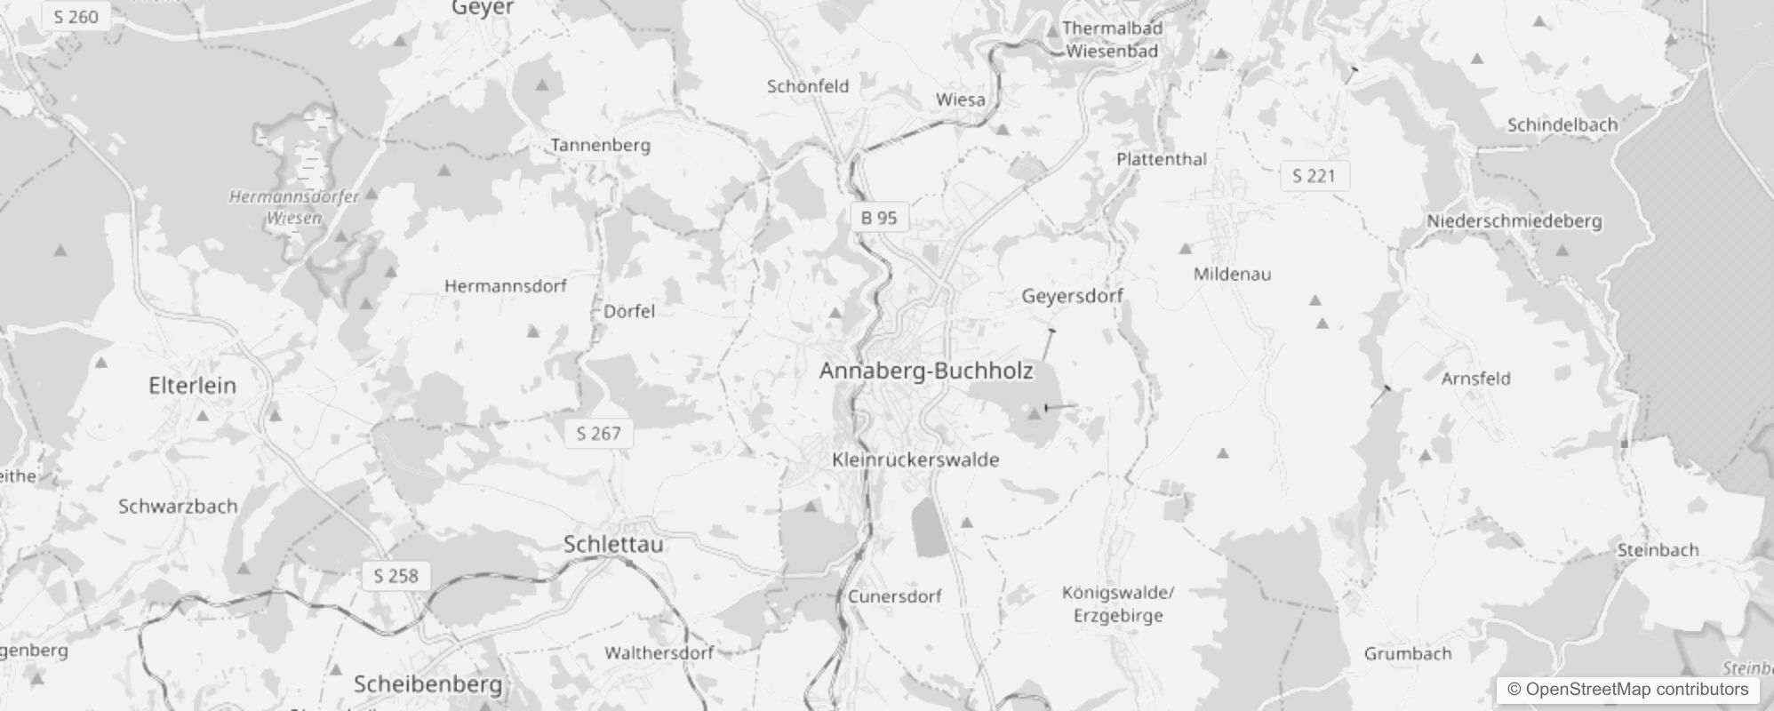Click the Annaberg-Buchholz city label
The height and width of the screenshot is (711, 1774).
(x=926, y=371)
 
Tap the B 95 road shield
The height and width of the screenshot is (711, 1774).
(x=878, y=218)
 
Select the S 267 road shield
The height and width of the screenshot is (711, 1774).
(x=598, y=434)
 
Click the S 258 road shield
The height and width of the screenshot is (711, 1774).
(x=396, y=576)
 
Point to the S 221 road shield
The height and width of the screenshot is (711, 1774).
(x=1314, y=176)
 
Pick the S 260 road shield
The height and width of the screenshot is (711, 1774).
(x=76, y=17)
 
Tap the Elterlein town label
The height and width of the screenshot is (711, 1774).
(x=192, y=386)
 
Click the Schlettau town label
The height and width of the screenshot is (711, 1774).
(x=613, y=544)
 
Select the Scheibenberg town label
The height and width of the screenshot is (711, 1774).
(x=428, y=684)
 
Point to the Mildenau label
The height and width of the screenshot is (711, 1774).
(x=1232, y=274)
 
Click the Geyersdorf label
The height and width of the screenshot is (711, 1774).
(x=1072, y=296)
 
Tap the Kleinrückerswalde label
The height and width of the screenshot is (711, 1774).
(x=915, y=459)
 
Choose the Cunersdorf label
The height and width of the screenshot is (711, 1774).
(x=894, y=596)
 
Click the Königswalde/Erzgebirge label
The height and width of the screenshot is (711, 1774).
(x=1118, y=604)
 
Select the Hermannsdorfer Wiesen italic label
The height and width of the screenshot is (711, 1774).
(x=294, y=207)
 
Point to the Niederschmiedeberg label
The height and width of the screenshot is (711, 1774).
(x=1514, y=221)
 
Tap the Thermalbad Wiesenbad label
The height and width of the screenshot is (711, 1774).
(x=1112, y=40)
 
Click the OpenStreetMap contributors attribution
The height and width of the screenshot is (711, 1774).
(x=1628, y=690)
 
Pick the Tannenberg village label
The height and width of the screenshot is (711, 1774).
(x=600, y=145)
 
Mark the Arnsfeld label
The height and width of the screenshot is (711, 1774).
(x=1475, y=379)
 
